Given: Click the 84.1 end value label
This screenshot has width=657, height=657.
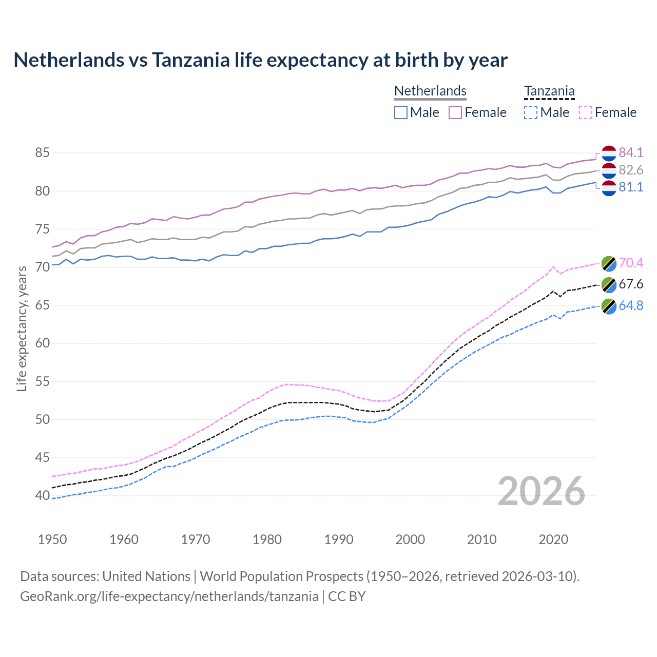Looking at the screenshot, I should tap(631, 152).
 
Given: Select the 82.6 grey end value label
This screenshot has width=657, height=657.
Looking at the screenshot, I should tap(631, 170).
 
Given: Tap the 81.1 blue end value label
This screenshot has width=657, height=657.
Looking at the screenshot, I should tap(631, 187).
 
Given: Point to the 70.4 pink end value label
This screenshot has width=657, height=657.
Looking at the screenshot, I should tap(631, 263).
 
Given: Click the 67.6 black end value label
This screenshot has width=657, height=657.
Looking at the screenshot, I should tap(631, 284).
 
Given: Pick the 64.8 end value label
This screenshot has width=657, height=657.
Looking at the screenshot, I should tap(631, 306).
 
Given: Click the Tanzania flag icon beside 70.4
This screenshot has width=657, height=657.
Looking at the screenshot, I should tap(609, 263).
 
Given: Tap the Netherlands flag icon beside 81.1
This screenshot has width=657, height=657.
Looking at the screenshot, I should tap(609, 188).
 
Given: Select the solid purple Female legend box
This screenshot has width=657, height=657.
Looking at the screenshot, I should tap(455, 112).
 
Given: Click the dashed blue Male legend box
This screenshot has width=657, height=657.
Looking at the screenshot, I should tap(531, 112).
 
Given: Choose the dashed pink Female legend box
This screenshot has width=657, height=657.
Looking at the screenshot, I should tap(586, 112).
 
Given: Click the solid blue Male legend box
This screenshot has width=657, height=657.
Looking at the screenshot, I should tap(401, 112).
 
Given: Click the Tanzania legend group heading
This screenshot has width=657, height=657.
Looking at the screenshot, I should tap(549, 91).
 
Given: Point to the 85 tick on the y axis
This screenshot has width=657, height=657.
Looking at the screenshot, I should tap(42, 153).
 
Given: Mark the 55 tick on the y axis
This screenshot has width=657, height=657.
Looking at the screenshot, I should tap(42, 381).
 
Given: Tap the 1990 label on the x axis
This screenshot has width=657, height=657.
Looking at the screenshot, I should tap(339, 539).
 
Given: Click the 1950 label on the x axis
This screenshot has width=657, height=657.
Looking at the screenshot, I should tap(52, 539).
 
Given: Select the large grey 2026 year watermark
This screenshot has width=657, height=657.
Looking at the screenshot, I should tap(542, 492).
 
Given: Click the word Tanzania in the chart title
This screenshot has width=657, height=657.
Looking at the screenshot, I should tap(190, 60).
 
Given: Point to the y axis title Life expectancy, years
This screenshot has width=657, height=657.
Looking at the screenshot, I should tap(22, 328).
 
